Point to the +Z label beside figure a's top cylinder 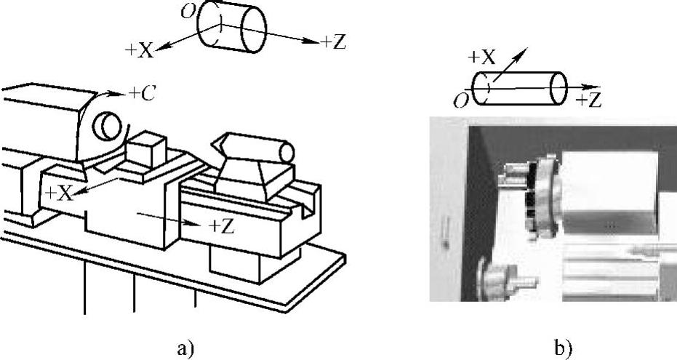(x=333, y=42)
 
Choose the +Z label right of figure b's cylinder (x=588, y=100)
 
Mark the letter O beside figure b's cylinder (x=460, y=101)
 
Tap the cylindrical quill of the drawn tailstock (x=277, y=152)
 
